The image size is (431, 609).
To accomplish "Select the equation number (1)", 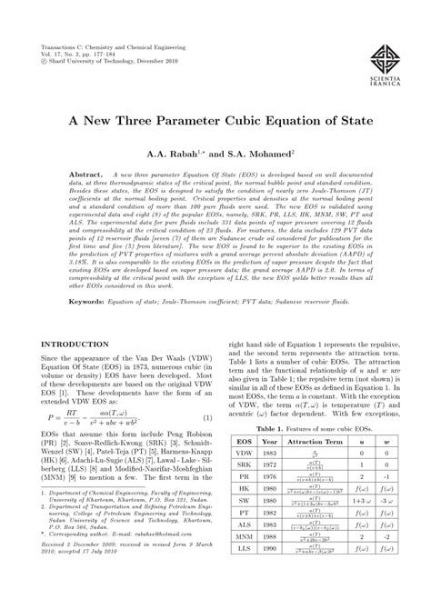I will [x=206, y=443].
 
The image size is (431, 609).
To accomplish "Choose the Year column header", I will [x=270, y=467].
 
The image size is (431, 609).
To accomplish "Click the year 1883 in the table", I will [x=270, y=480].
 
